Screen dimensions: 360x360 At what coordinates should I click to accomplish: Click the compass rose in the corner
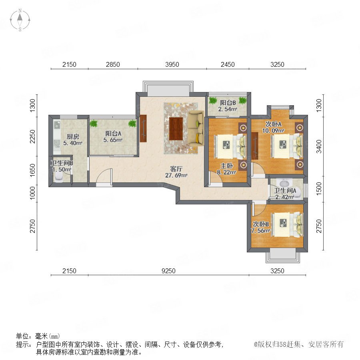click(20, 20)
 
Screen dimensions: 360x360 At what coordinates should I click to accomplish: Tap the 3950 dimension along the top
click(172, 64)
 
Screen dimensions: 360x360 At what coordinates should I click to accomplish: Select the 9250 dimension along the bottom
click(168, 271)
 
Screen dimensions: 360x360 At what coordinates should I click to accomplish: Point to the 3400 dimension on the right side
click(319, 146)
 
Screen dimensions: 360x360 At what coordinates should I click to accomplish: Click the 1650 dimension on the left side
click(33, 170)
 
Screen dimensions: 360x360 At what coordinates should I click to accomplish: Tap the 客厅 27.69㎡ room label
click(176, 172)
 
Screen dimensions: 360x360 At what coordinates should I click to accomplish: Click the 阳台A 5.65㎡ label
click(113, 137)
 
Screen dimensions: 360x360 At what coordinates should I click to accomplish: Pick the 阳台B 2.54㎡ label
click(228, 106)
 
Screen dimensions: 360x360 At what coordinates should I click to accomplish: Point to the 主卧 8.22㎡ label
click(227, 169)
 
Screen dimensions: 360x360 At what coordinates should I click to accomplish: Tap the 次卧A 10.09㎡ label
click(274, 127)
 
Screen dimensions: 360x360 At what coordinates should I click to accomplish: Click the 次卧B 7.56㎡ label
click(260, 227)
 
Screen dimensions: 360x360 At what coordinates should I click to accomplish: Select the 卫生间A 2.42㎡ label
click(285, 194)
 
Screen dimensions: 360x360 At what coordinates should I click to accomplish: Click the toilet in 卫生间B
click(59, 177)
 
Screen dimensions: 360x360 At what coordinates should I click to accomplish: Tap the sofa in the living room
click(195, 128)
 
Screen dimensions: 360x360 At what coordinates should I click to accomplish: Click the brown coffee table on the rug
click(176, 128)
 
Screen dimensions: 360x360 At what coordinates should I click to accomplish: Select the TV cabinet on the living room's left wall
click(143, 128)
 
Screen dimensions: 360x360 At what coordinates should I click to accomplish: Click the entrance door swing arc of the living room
click(103, 176)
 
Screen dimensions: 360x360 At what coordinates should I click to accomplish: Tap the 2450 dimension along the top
click(228, 64)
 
